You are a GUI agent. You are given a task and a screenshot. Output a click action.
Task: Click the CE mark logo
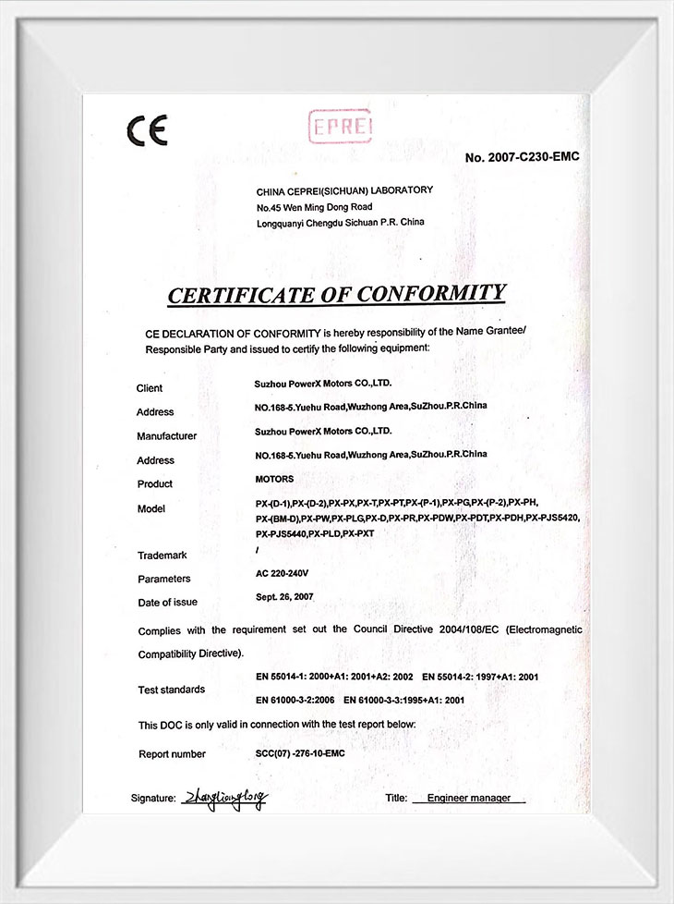(147, 132)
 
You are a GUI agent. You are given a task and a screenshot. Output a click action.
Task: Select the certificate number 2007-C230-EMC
(522, 157)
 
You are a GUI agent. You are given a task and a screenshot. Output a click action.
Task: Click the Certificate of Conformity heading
(336, 294)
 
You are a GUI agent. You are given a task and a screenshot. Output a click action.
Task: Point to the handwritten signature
(223, 798)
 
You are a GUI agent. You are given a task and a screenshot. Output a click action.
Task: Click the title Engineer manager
(469, 798)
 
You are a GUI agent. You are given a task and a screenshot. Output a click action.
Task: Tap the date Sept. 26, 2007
(284, 597)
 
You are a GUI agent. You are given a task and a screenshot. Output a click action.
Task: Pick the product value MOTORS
(274, 479)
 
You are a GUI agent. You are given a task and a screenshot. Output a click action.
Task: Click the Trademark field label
(162, 556)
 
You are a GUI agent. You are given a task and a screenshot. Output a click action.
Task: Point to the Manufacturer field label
(166, 436)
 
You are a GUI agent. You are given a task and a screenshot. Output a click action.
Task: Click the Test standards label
(172, 690)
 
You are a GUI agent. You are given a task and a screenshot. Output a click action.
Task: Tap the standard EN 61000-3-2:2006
(295, 702)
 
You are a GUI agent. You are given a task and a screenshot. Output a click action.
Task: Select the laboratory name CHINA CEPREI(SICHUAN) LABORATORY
(343, 190)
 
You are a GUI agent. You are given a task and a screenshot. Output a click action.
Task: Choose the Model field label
(150, 508)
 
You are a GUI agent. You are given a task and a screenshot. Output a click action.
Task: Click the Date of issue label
(167, 603)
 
